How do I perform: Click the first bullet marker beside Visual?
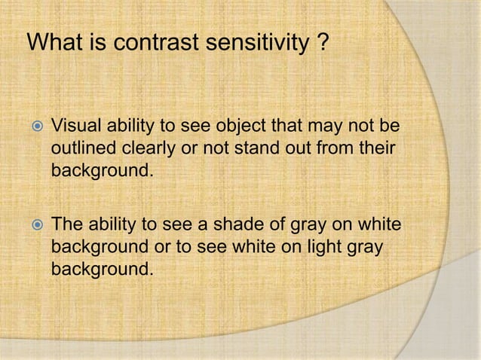35,125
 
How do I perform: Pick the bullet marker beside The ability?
35,224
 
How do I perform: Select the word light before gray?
339,247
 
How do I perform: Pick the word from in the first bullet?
339,148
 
